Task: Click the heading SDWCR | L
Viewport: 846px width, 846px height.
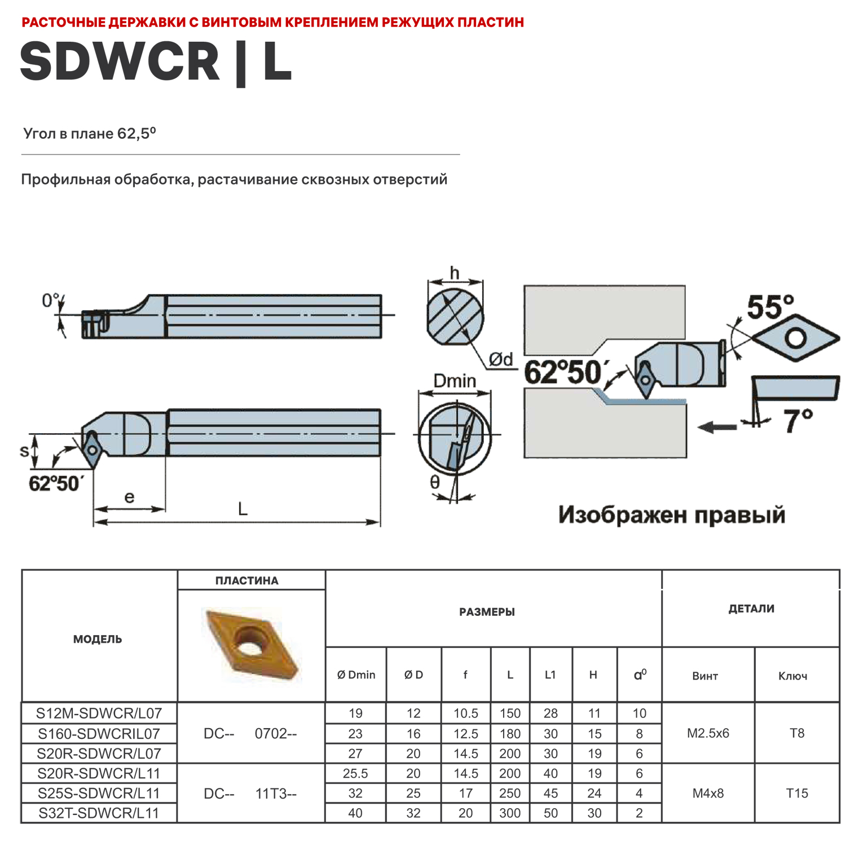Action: [156, 62]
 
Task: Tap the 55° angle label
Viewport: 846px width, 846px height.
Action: [770, 307]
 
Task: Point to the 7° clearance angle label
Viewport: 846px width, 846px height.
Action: [797, 421]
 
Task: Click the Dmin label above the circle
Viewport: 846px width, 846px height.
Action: [455, 381]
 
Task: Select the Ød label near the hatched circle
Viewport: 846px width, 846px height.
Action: [501, 359]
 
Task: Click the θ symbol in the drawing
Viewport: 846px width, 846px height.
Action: [435, 482]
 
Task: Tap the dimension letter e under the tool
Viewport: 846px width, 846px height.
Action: [129, 497]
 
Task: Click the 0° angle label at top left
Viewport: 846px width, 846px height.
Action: [50, 301]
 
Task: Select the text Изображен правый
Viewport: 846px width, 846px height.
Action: [671, 515]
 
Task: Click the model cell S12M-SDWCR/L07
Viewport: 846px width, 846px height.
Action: [99, 713]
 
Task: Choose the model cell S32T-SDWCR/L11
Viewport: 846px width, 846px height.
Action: [99, 813]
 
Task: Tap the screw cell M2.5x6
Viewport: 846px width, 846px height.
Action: [708, 733]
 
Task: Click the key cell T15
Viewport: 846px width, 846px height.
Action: [797, 794]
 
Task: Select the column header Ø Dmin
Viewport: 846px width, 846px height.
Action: [356, 675]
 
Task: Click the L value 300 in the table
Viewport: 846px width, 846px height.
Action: [510, 813]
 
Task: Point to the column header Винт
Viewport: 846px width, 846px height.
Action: [705, 676]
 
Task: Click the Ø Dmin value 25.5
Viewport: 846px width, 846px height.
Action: [355, 774]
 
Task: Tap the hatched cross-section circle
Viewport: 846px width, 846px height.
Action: [455, 317]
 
